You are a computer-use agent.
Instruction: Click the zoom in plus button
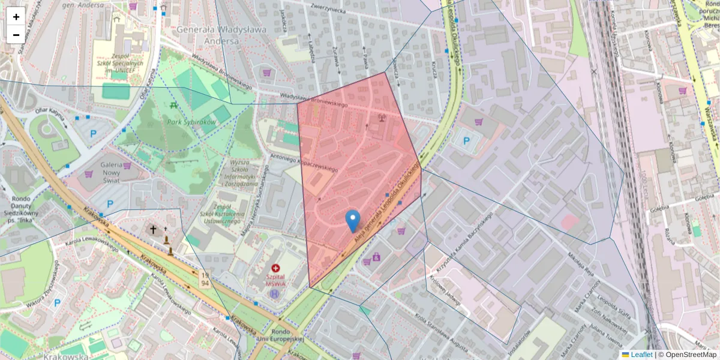(x=16, y=17)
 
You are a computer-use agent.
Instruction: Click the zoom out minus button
(x=16, y=34)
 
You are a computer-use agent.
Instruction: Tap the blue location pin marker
(x=353, y=221)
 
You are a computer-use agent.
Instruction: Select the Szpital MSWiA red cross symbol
(x=275, y=268)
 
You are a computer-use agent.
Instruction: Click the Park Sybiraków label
(x=191, y=122)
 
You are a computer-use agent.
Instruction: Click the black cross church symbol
(x=153, y=229)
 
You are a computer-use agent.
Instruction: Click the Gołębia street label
(x=706, y=199)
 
